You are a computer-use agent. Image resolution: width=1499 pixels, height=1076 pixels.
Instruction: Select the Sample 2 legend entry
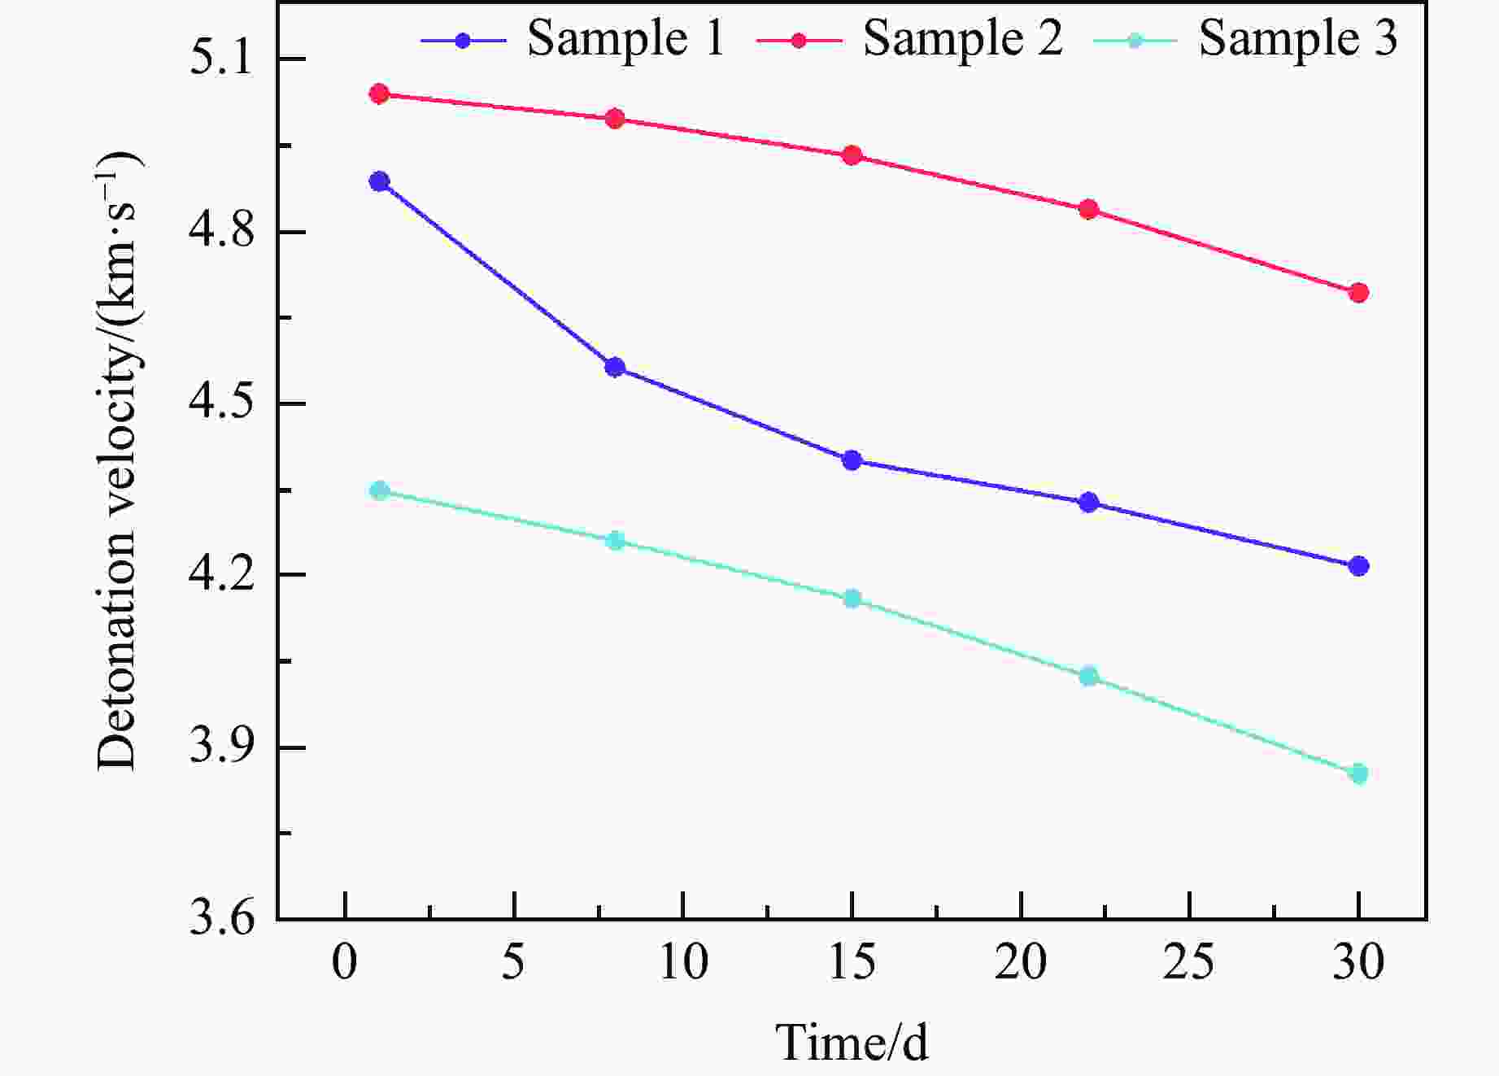[x=909, y=39]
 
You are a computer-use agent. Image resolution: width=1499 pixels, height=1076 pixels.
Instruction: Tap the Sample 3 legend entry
[x=1245, y=39]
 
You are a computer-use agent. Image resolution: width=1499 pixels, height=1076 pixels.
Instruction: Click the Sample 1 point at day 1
[x=379, y=181]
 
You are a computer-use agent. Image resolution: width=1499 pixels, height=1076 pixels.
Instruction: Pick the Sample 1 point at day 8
[x=616, y=368]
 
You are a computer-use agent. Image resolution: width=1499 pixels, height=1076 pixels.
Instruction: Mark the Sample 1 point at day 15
[x=852, y=460]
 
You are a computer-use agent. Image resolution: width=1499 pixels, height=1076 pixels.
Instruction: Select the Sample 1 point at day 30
[x=1358, y=566]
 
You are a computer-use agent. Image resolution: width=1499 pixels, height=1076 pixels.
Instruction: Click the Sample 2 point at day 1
[x=379, y=94]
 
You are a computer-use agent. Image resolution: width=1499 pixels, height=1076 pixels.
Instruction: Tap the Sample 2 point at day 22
[x=1089, y=210]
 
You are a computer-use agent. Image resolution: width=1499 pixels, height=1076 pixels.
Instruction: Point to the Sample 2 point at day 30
[x=1358, y=293]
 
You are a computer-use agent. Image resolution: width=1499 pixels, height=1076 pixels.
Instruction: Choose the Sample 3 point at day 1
[x=379, y=490]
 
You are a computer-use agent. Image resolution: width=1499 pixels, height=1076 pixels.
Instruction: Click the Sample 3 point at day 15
[x=852, y=599]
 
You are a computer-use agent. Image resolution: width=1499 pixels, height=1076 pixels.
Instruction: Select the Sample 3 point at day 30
[x=1358, y=773]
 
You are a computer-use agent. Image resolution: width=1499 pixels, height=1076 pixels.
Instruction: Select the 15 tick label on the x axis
[x=852, y=963]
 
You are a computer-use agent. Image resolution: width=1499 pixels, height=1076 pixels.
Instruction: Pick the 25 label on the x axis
[x=1189, y=963]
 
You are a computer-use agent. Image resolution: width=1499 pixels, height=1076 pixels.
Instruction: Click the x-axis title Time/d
[x=852, y=1042]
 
